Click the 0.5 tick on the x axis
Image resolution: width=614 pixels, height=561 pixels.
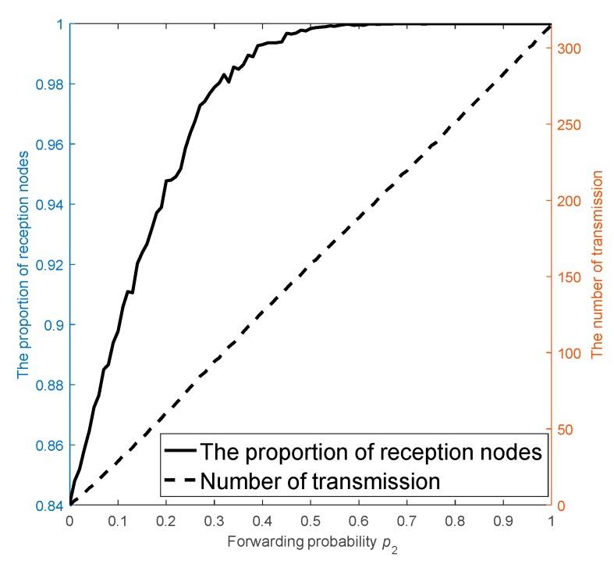311,519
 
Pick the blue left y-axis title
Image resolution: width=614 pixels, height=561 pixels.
23,265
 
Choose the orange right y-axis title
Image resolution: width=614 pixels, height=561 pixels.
597,265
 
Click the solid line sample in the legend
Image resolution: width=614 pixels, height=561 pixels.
179,452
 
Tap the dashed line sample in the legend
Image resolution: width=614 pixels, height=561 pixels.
179,481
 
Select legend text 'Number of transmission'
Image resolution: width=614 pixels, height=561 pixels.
321,481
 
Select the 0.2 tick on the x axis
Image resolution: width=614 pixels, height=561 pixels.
166,519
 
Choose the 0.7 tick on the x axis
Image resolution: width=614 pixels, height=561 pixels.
407,519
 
